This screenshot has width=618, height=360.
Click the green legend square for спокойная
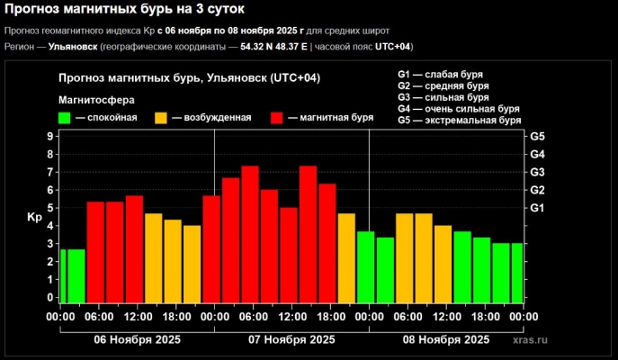tap(65, 118)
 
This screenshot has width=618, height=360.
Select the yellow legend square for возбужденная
tap(161, 118)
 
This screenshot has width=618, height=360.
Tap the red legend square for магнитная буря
tap(277, 118)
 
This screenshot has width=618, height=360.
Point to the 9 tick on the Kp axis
tap(50, 136)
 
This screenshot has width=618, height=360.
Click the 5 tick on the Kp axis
tap(50, 208)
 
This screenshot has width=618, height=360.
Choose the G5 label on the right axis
tap(538, 136)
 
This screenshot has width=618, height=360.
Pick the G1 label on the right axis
tap(538, 208)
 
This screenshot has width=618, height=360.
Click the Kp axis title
tap(34, 217)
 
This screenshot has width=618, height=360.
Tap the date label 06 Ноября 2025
tap(137, 339)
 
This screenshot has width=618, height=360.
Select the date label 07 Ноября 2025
tap(291, 339)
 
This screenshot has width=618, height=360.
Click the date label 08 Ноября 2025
tap(446, 339)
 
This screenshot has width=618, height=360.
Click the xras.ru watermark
tap(529, 341)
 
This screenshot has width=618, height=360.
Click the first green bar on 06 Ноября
tap(64, 276)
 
